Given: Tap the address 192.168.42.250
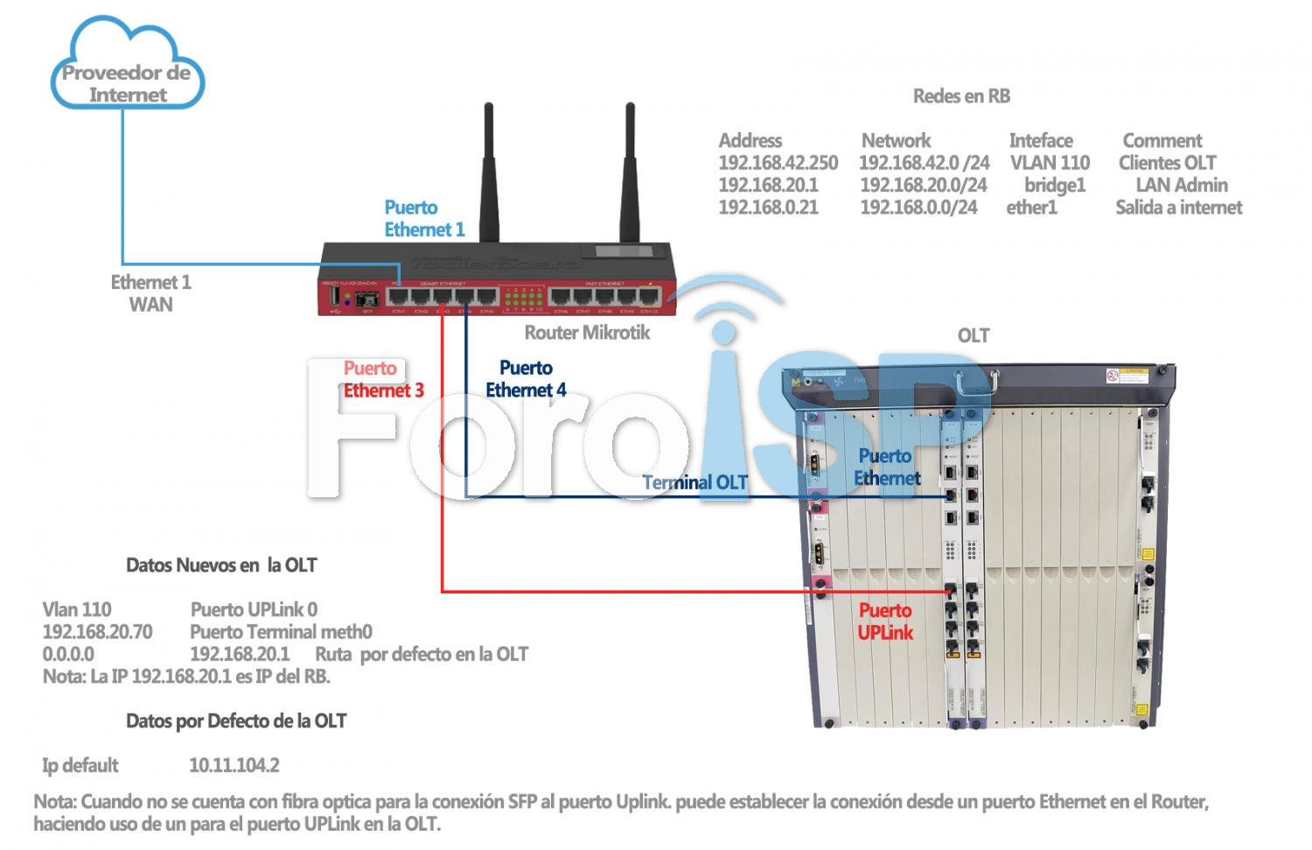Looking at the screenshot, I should pyautogui.click(x=778, y=163).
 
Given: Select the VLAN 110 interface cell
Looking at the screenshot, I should pyautogui.click(x=1050, y=163).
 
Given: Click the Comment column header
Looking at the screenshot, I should pyautogui.click(x=1162, y=140).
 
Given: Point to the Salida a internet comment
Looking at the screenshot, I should pyautogui.click(x=1178, y=207).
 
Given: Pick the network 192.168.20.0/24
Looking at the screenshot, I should pyautogui.click(x=923, y=186).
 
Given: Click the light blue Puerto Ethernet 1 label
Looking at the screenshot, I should pyautogui.click(x=424, y=219).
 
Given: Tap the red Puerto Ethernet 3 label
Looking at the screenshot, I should pyautogui.click(x=383, y=379).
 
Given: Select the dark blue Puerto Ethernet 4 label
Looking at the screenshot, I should pyautogui.click(x=526, y=379).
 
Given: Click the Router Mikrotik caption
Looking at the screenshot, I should pyautogui.click(x=587, y=333).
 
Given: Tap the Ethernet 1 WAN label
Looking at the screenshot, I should pyautogui.click(x=150, y=293).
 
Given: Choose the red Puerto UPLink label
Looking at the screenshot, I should pyautogui.click(x=885, y=622).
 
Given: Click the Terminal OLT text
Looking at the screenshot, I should pyautogui.click(x=695, y=482).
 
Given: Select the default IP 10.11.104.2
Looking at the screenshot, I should pyautogui.click(x=234, y=765).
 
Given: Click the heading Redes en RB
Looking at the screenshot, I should pyautogui.click(x=961, y=96).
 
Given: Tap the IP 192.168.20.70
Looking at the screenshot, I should pyautogui.click(x=97, y=632).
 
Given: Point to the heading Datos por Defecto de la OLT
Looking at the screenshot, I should pyautogui.click(x=236, y=721).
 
